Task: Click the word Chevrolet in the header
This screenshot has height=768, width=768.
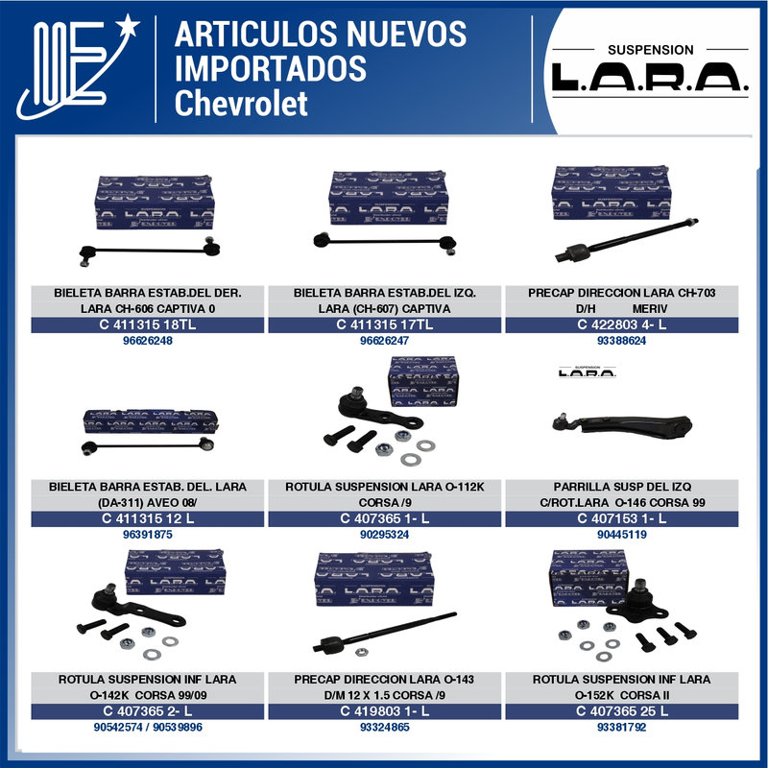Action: [x=242, y=102]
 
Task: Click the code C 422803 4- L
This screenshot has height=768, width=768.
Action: [x=621, y=325]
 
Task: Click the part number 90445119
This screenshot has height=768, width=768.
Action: [x=621, y=535]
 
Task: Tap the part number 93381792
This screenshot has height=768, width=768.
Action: [x=621, y=727]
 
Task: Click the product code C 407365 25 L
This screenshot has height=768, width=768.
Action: [x=621, y=711]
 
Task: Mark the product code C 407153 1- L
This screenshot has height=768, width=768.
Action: [x=621, y=519]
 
